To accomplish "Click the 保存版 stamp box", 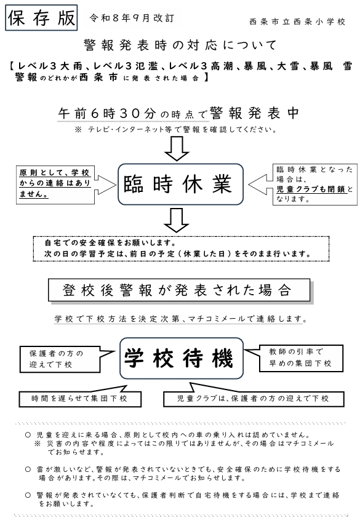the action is tap(41, 18).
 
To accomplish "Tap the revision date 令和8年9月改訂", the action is tap(132, 18).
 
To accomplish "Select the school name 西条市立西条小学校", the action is tap(297, 22).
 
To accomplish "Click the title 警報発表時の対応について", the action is tap(180, 45).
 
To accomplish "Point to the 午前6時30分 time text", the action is tap(107, 113).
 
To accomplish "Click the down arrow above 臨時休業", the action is tap(177, 149).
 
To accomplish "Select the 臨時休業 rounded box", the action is tap(180, 184).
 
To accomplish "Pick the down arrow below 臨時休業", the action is tap(177, 220).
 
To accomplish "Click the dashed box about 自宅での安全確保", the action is tap(181, 249).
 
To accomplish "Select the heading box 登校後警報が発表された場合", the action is tap(179, 290).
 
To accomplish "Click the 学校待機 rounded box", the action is tap(182, 358).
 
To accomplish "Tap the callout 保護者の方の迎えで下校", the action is tap(60, 359).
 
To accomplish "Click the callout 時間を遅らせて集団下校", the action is tap(80, 398).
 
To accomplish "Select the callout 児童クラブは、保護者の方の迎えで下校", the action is tap(254, 398).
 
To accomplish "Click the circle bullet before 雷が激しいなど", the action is tap(28, 469).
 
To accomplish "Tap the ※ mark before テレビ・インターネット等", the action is tap(78, 129).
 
